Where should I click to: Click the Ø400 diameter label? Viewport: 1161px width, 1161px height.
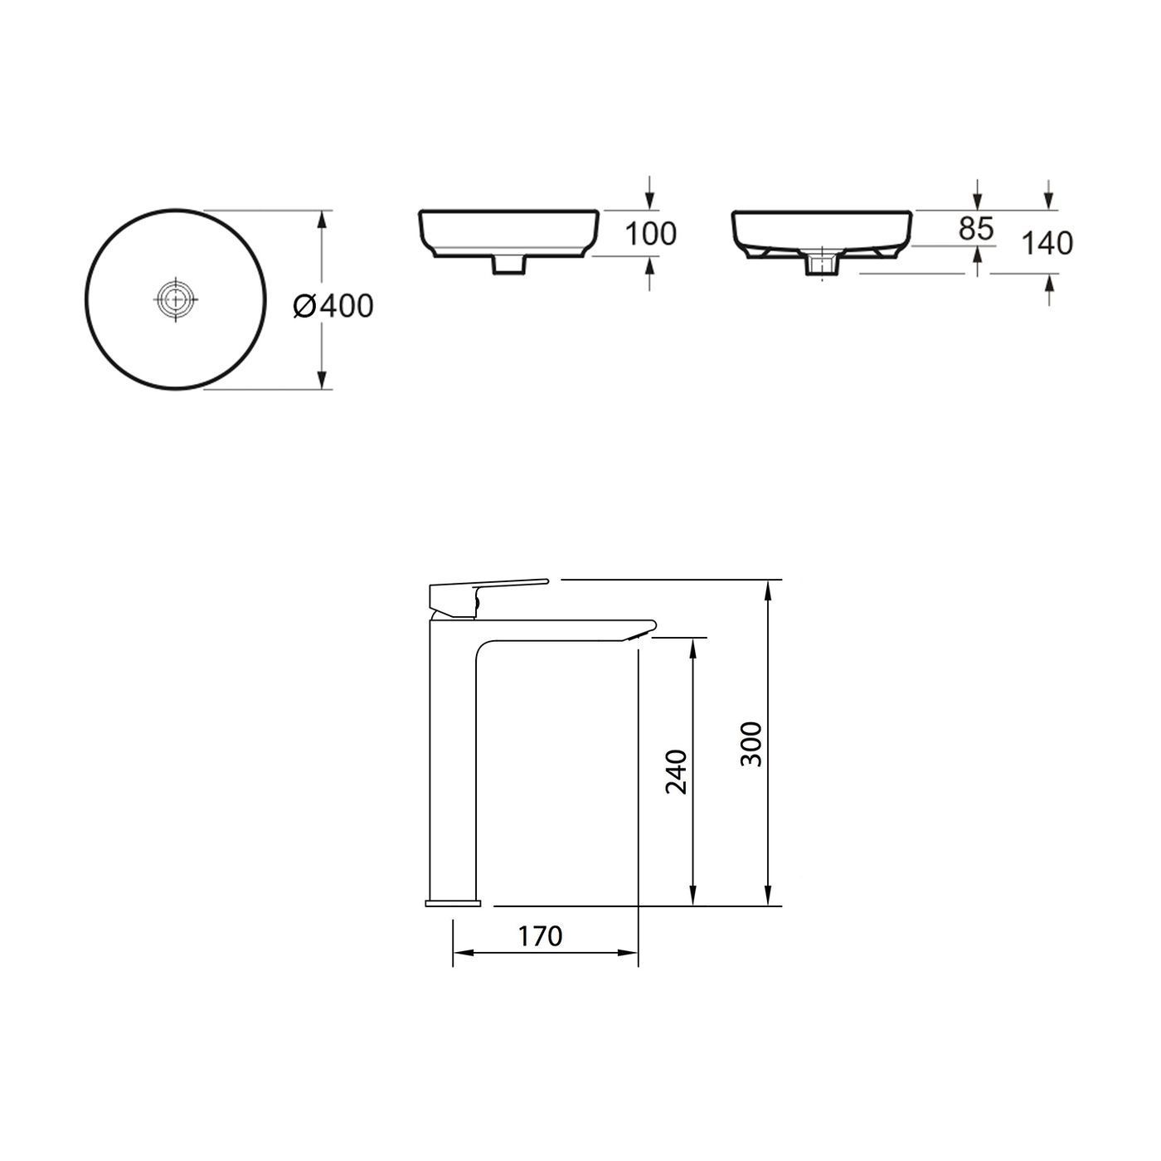[x=333, y=306]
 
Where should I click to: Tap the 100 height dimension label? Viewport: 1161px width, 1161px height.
[x=650, y=234]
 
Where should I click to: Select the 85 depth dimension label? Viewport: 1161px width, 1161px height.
[x=976, y=229]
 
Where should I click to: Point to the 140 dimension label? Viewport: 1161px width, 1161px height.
[x=1047, y=243]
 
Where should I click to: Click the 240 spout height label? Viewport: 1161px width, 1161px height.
[x=677, y=771]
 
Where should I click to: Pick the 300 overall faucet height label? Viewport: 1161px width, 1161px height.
[x=751, y=743]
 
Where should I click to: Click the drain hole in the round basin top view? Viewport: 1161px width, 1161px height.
[x=177, y=299]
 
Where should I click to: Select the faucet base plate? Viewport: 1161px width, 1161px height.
[x=453, y=901]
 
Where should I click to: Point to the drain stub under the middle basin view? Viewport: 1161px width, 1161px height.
[x=508, y=264]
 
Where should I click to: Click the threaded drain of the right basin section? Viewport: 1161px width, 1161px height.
[x=823, y=264]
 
